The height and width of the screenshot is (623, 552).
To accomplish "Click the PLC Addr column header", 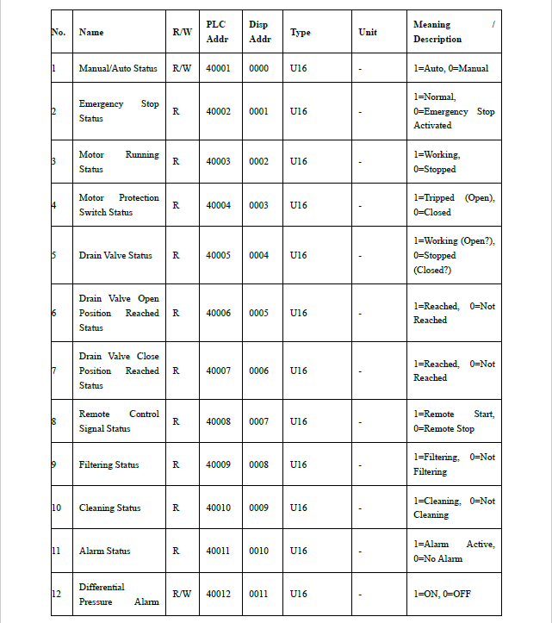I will pyautogui.click(x=217, y=32).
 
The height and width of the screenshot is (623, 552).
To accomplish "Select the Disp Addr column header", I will pyautogui.click(x=258, y=32).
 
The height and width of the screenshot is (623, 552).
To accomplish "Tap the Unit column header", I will pyautogui.click(x=367, y=33).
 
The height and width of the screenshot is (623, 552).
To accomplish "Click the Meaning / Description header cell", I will pyautogui.click(x=453, y=32).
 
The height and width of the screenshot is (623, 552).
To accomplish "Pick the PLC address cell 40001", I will pyautogui.click(x=218, y=68).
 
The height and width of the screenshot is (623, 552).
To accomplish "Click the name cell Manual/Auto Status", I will pyautogui.click(x=118, y=68).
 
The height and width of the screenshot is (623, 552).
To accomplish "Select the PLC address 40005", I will pyautogui.click(x=218, y=255).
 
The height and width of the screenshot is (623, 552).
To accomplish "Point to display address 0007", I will pyautogui.click(x=258, y=421).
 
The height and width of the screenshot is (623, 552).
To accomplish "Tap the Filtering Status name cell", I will pyautogui.click(x=109, y=464).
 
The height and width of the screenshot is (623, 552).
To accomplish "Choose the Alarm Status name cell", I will pyautogui.click(x=105, y=551).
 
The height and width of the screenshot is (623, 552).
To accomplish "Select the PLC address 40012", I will pyautogui.click(x=218, y=594).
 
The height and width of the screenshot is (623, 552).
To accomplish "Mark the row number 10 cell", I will pyautogui.click(x=57, y=508).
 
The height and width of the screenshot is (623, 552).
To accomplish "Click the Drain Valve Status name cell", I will pyautogui.click(x=115, y=255).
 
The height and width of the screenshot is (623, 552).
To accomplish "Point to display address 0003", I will pyautogui.click(x=258, y=205).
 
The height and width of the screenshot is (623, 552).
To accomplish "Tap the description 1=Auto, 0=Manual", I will pyautogui.click(x=450, y=68).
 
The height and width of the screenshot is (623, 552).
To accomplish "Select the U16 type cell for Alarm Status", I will pyautogui.click(x=299, y=551).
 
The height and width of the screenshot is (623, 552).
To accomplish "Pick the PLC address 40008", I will pyautogui.click(x=218, y=421).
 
